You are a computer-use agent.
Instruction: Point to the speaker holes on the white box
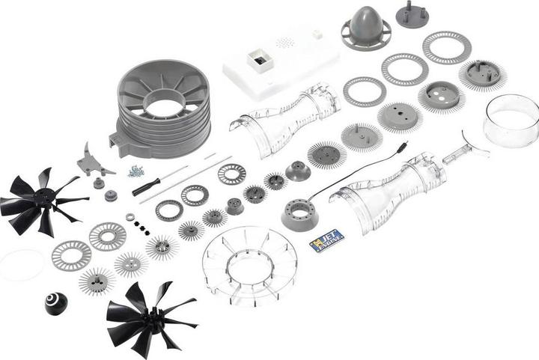[284, 43]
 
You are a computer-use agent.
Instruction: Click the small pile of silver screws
[135, 171]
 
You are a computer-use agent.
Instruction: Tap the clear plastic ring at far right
[512, 120]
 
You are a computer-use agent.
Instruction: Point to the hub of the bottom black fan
[150, 318]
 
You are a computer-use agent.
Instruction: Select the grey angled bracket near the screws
[94, 160]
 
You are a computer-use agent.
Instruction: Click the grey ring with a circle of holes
[299, 215]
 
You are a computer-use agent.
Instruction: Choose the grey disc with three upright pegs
[412, 14]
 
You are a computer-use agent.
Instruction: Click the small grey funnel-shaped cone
[298, 169]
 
